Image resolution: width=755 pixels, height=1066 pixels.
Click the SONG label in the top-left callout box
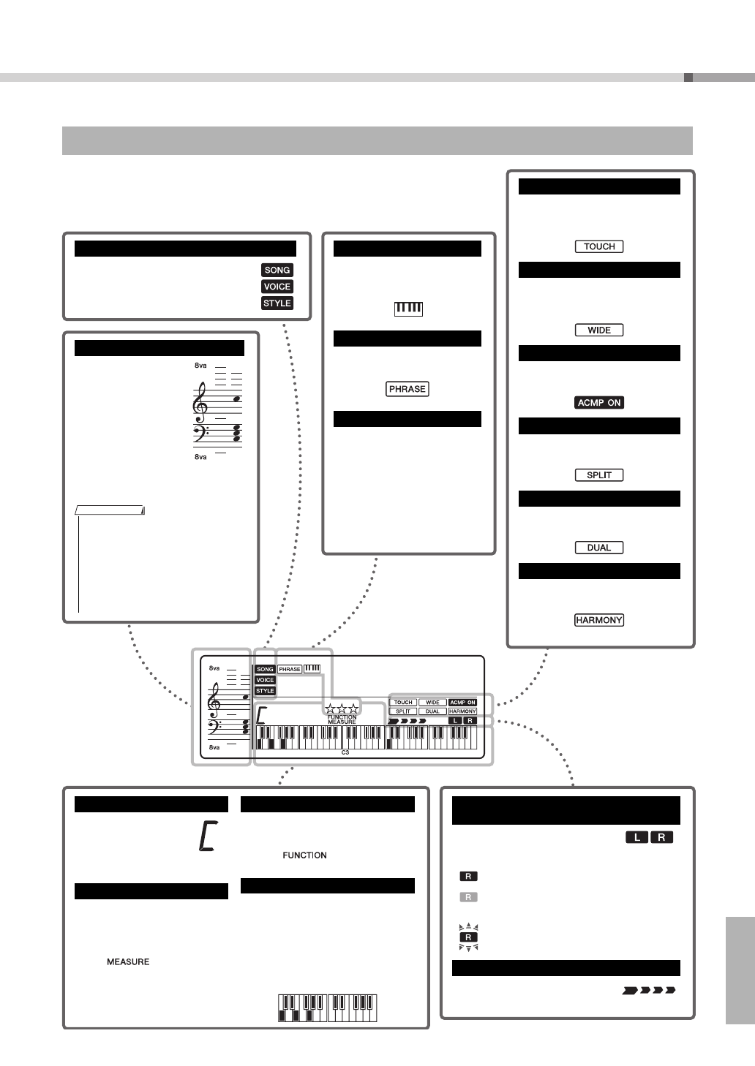pyautogui.click(x=277, y=270)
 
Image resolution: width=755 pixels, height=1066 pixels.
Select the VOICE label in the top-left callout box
pyautogui.click(x=277, y=287)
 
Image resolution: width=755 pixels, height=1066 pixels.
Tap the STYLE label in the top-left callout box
pyautogui.click(x=277, y=303)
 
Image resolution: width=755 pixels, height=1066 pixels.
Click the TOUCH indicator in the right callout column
pyautogui.click(x=599, y=246)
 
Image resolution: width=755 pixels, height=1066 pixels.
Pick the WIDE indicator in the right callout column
pyautogui.click(x=599, y=330)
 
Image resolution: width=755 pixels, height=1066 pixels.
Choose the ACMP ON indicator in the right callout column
pyautogui.click(x=599, y=402)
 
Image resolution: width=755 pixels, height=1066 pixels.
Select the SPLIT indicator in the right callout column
pyautogui.click(x=599, y=475)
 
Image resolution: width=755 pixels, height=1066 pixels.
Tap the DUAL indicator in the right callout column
pyautogui.click(x=599, y=547)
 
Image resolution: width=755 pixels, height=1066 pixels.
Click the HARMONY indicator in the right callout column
pyautogui.click(x=599, y=620)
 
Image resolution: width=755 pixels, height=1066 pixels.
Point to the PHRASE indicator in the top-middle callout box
pyautogui.click(x=407, y=389)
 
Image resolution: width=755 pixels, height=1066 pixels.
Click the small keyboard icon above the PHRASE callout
pyautogui.click(x=408, y=309)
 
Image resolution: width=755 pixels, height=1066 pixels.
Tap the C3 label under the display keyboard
pyautogui.click(x=345, y=751)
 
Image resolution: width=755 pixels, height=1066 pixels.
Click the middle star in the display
pyautogui.click(x=342, y=708)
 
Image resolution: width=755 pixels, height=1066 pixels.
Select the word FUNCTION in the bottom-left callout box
pyautogui.click(x=304, y=855)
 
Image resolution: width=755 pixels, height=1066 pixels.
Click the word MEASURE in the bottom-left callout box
pyautogui.click(x=128, y=961)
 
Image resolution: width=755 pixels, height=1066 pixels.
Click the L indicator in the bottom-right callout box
pyautogui.click(x=636, y=837)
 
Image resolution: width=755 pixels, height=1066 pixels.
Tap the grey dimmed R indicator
pyautogui.click(x=468, y=897)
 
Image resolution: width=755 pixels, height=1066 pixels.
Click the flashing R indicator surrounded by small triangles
pyautogui.click(x=468, y=937)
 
